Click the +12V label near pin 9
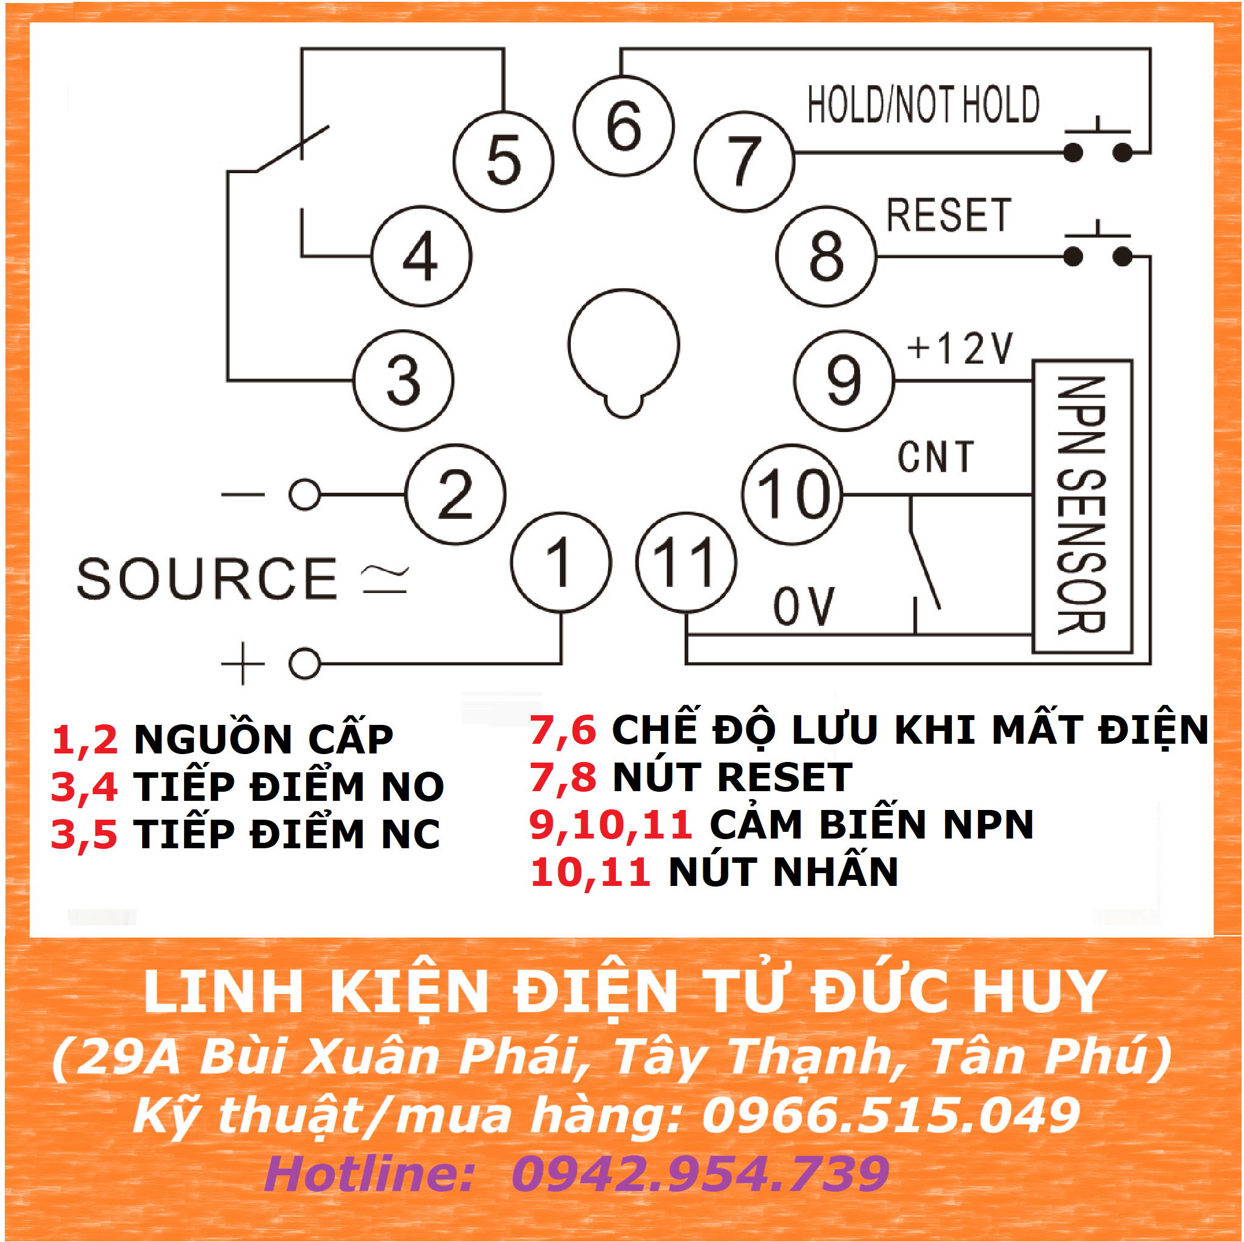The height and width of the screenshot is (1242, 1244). point(959,349)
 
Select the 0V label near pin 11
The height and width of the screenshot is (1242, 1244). point(804,606)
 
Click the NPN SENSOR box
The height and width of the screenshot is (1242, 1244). point(1082,506)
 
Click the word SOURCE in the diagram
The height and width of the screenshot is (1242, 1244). point(207,578)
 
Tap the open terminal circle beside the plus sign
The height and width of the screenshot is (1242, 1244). point(304,663)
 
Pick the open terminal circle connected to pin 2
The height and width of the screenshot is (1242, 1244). point(304,494)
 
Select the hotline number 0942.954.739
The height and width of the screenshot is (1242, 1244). point(700,1173)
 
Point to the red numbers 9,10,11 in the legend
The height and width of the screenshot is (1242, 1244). point(610,825)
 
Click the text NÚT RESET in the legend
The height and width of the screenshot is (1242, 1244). point(733,777)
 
